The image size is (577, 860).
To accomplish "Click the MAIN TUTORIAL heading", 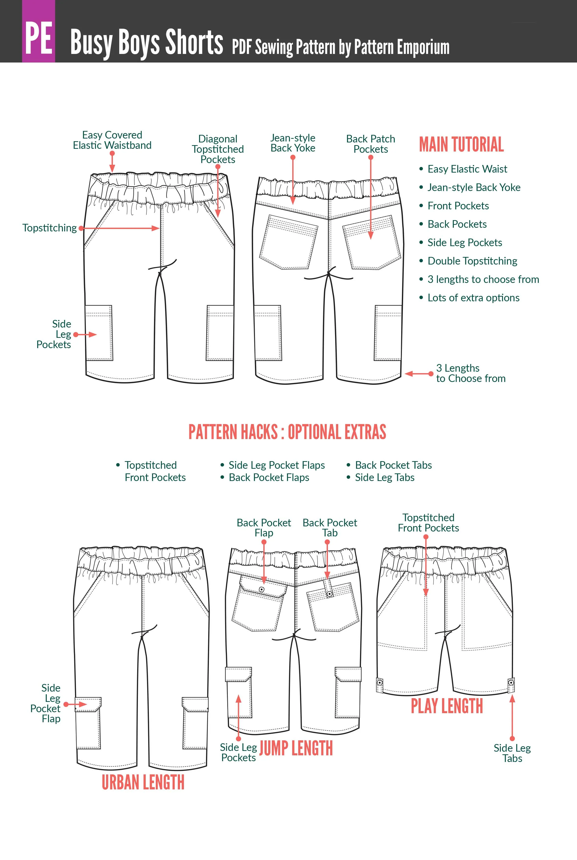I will [x=461, y=144].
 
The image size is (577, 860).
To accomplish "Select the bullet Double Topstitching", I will [x=472, y=261].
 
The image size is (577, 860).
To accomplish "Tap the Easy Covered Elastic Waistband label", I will [x=112, y=140].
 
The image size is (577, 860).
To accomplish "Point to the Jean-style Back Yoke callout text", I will [x=293, y=143].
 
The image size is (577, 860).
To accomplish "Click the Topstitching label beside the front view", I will [x=50, y=228].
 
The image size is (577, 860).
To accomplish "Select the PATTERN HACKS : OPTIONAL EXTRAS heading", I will [x=287, y=432].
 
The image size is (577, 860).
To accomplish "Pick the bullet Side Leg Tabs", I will [x=385, y=478].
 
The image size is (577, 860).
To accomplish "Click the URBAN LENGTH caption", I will [x=143, y=783].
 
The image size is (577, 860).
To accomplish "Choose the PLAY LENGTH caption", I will [x=447, y=706].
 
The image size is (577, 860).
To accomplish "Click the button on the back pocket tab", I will [x=330, y=594].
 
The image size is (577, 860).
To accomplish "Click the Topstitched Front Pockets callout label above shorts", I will [x=428, y=523].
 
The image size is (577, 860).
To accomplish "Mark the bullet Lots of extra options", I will [x=473, y=298].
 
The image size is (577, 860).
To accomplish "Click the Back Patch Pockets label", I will [x=371, y=144].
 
